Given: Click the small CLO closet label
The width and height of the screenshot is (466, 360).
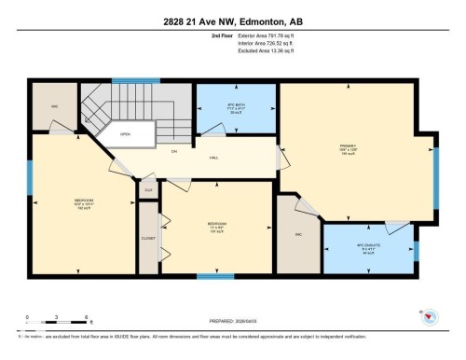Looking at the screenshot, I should [147, 189].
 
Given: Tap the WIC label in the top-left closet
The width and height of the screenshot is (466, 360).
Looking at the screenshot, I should [55, 105].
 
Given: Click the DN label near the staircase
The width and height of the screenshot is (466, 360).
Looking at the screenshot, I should [172, 152].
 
